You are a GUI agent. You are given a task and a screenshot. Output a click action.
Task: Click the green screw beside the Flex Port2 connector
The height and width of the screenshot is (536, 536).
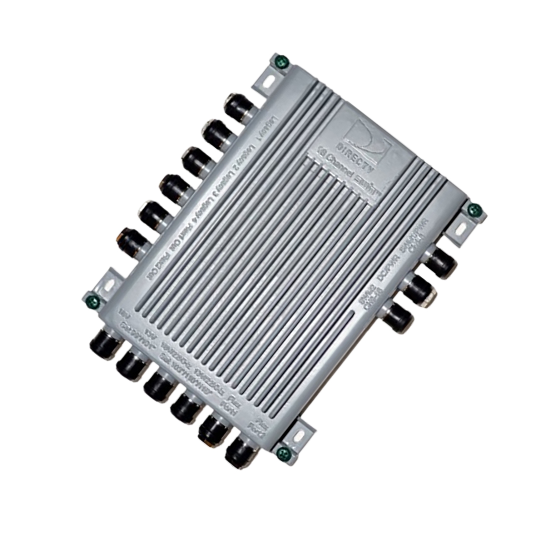(x=284, y=451)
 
